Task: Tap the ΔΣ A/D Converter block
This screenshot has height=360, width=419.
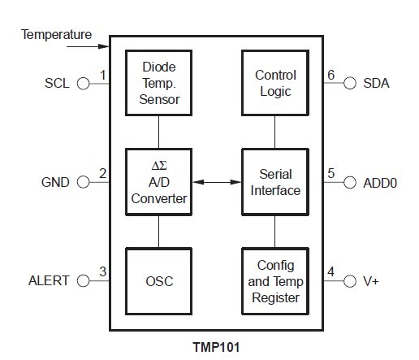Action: [x=158, y=182]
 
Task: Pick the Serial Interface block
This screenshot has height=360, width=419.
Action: [x=275, y=182]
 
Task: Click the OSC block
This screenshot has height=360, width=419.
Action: [x=158, y=281]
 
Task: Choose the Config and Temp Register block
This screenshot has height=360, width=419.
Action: [x=275, y=281]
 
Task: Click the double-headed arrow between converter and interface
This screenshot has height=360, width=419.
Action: [x=216, y=182]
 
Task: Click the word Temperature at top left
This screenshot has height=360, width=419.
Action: [x=56, y=35]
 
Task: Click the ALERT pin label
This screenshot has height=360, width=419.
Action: [x=50, y=281]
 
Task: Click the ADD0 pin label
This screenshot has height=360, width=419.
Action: [x=380, y=182]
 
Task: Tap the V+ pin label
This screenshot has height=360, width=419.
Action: [x=372, y=281]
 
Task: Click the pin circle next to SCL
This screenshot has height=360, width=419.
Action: [x=82, y=82]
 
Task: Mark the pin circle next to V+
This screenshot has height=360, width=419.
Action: [x=350, y=281]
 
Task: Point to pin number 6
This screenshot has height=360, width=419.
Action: [x=330, y=74]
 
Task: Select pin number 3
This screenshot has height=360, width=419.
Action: [x=102, y=272]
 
